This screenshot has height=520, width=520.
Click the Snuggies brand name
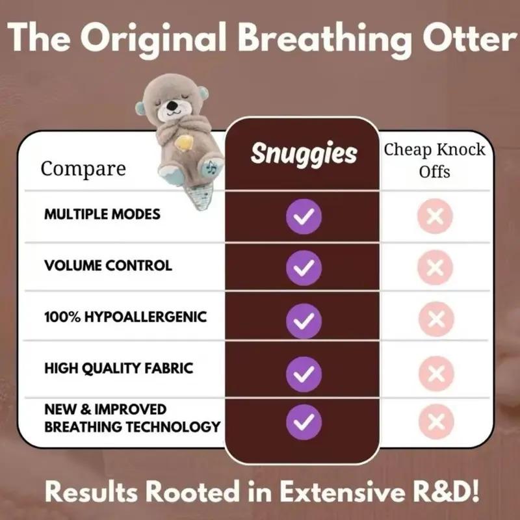tap(304, 154)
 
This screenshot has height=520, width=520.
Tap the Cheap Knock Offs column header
tap(435, 161)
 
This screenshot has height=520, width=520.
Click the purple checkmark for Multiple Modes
tap(304, 216)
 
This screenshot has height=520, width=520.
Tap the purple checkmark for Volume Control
tap(304, 268)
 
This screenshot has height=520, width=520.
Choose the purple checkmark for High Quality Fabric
tap(304, 372)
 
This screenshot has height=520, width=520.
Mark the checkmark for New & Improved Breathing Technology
tap(304, 419)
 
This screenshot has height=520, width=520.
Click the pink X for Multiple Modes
tap(435, 216)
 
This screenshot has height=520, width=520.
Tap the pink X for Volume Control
tap(435, 268)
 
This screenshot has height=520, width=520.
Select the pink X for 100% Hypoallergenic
tap(435, 319)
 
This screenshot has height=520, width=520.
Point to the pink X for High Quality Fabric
tap(435, 372)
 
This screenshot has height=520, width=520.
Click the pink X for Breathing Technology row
tap(435, 421)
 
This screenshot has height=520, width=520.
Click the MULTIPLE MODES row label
tap(102, 214)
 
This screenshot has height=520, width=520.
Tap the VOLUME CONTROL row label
tap(108, 265)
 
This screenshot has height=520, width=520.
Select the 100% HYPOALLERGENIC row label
tap(125, 317)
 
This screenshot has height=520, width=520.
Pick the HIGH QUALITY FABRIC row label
tap(119, 368)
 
